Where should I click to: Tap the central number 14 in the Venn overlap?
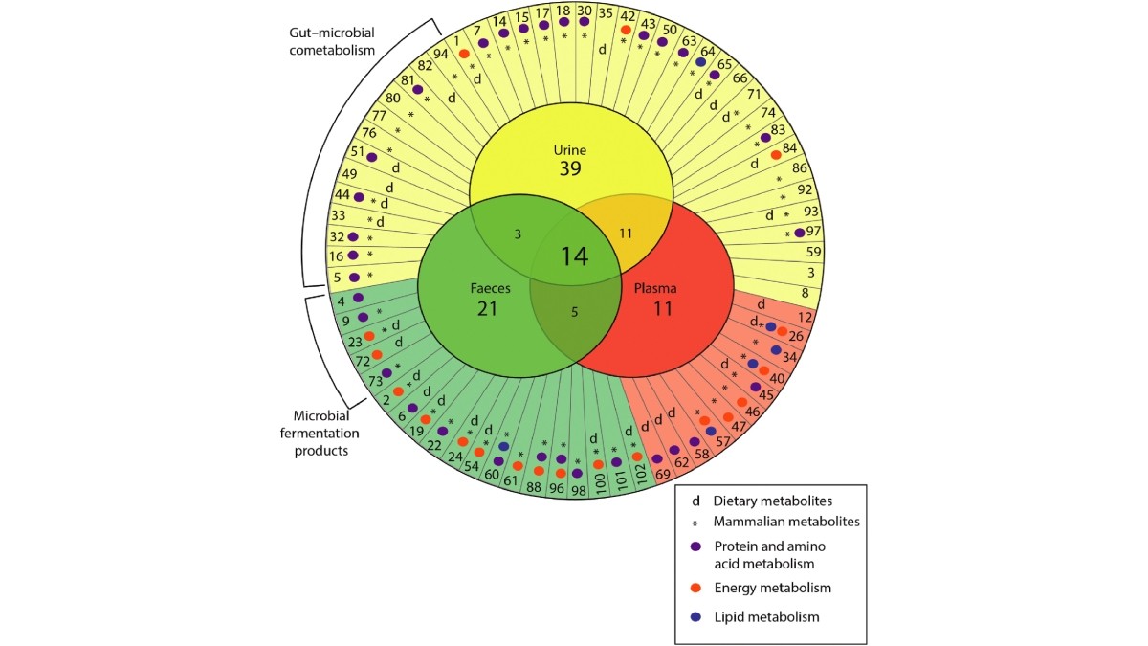(x=574, y=256)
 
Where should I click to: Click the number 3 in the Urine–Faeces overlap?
(x=518, y=234)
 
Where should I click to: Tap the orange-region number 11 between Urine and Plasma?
(x=627, y=233)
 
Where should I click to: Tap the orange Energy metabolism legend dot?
(x=696, y=587)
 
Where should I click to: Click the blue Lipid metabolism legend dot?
(x=696, y=617)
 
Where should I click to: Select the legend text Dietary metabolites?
(x=772, y=500)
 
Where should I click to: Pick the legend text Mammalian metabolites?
(x=786, y=522)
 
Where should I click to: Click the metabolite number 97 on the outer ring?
(x=813, y=232)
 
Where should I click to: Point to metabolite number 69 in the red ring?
(x=659, y=475)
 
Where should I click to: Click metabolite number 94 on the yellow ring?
(x=441, y=54)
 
